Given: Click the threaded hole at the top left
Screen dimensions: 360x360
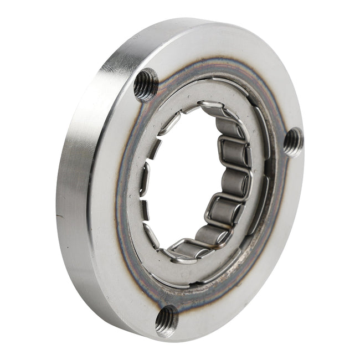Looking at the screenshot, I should [x=146, y=84].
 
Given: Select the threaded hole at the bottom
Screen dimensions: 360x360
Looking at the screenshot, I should [x=167, y=320].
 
